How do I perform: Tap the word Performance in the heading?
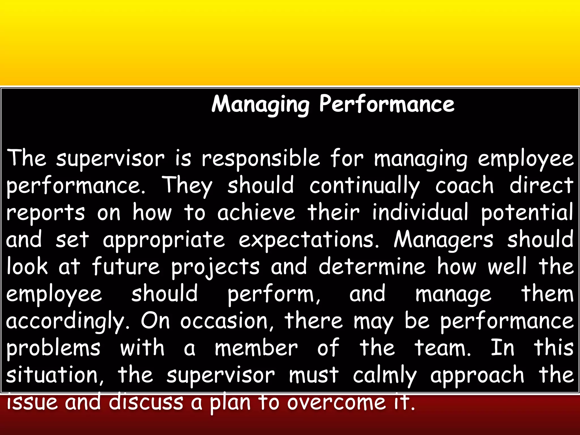tap(387, 104)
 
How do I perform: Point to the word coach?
tap(464, 185)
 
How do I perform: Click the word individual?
tap(420, 212)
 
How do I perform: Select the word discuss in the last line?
tap(146, 402)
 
